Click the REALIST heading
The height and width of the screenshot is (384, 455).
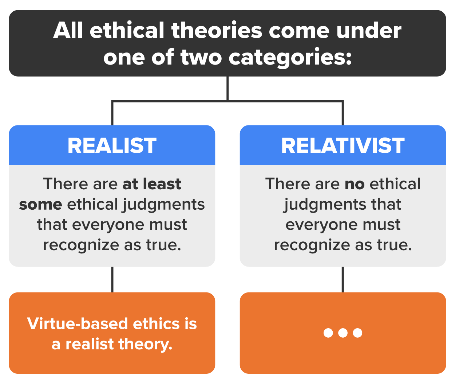(x=112, y=146)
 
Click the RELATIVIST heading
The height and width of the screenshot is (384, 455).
(x=343, y=146)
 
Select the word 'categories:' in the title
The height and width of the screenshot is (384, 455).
(x=290, y=57)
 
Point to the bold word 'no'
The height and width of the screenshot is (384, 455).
(x=355, y=184)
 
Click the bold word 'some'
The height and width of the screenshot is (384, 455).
(x=40, y=205)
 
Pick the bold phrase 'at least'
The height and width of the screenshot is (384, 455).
(x=152, y=184)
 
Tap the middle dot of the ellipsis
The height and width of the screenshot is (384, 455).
(x=343, y=333)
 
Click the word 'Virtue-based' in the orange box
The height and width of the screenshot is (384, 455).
(x=78, y=324)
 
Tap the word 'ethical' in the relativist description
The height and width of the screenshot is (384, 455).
(x=395, y=184)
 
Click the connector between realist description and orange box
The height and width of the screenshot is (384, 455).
(x=112, y=279)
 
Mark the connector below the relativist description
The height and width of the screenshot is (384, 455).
(x=343, y=279)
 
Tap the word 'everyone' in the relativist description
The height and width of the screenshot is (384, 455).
(x=313, y=225)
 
